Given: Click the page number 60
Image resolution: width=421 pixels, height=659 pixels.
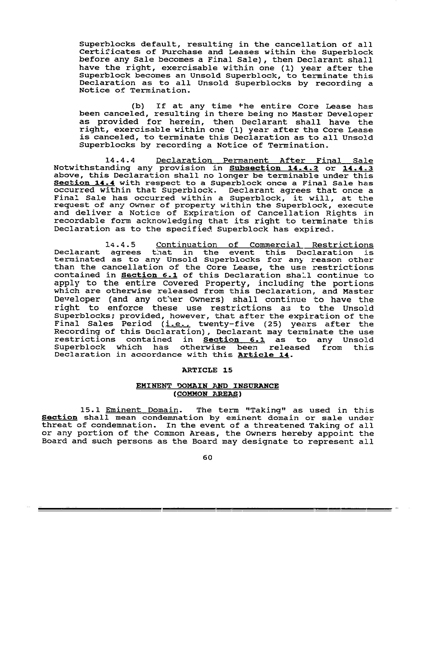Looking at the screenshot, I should (x=208, y=457).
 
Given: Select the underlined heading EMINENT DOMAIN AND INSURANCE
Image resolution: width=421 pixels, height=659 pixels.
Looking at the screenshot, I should (x=207, y=386).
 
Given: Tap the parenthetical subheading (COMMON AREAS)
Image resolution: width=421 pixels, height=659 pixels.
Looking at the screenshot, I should (x=207, y=394).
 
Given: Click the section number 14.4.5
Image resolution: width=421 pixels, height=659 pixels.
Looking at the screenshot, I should (x=120, y=245).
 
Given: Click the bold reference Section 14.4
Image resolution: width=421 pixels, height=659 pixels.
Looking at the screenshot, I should (x=84, y=183).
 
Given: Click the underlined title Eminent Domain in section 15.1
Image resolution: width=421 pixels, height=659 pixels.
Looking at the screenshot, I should (x=142, y=410).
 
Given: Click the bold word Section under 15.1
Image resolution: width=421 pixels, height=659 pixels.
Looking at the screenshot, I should (x=59, y=418).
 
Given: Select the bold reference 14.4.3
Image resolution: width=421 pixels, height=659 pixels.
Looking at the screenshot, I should (x=358, y=168).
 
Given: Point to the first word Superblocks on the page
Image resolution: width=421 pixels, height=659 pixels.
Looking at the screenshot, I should (x=107, y=44).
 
